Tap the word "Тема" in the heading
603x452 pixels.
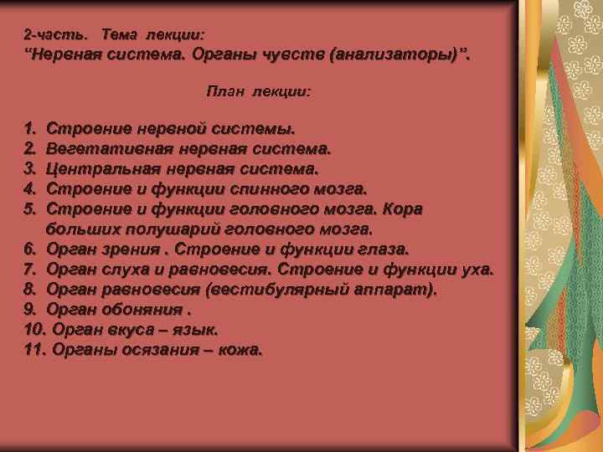click(x=119, y=35)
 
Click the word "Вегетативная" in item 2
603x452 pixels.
click(x=102, y=150)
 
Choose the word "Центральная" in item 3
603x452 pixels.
click(x=98, y=169)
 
